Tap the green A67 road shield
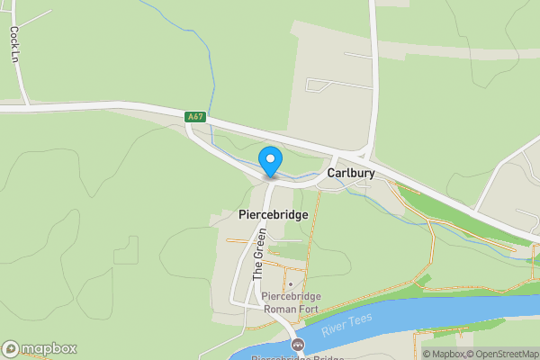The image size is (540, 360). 195,117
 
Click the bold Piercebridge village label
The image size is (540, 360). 274,215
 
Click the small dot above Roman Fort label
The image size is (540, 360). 290,285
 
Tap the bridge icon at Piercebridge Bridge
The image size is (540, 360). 298,346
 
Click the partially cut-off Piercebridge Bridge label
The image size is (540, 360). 297,357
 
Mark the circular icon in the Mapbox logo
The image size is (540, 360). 11,349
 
